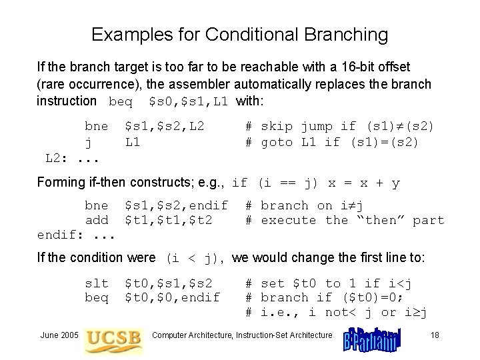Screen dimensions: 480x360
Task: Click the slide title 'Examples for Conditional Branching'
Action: click(x=239, y=35)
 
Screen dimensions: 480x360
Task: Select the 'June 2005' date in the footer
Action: click(x=60, y=334)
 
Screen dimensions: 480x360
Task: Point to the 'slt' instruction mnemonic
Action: click(x=96, y=283)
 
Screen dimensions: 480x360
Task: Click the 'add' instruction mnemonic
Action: click(x=96, y=220)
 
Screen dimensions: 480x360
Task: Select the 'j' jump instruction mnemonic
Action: click(x=88, y=141)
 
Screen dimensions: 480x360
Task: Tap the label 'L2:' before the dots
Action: click(x=55, y=157)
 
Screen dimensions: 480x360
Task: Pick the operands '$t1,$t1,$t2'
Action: click(x=169, y=220)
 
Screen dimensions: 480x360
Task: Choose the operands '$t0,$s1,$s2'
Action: click(x=169, y=283)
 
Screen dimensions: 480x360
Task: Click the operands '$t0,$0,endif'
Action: click(x=173, y=297)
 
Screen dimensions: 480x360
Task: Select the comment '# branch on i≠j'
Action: click(x=303, y=205)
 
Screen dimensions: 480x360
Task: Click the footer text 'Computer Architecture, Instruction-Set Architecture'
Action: click(x=242, y=334)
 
